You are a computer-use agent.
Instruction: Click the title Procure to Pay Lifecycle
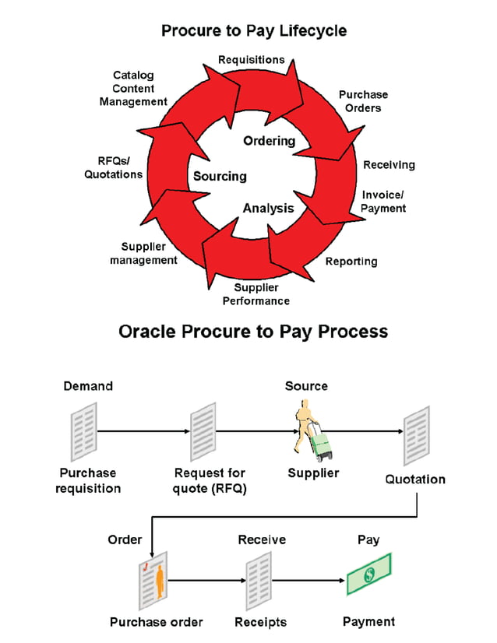tap(254, 31)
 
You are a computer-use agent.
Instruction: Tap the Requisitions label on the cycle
tap(251, 60)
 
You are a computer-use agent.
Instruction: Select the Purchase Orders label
tap(363, 101)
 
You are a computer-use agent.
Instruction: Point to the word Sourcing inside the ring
tap(220, 177)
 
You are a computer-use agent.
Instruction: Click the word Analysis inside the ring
tap(268, 208)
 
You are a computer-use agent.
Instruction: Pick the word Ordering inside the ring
tap(270, 141)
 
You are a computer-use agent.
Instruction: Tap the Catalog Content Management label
tap(133, 88)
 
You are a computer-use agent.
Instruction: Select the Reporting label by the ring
tap(351, 262)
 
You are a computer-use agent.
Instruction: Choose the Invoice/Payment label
tap(383, 202)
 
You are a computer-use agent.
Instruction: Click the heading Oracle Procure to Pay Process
tap(253, 331)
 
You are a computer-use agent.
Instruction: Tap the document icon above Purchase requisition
tap(83, 430)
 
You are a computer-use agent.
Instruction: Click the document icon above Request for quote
tap(203, 430)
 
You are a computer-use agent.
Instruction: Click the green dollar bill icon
tap(368, 575)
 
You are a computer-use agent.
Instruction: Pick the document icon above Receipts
tap(258, 580)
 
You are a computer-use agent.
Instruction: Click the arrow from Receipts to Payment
tap(309, 580)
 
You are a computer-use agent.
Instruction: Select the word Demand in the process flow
tap(88, 386)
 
